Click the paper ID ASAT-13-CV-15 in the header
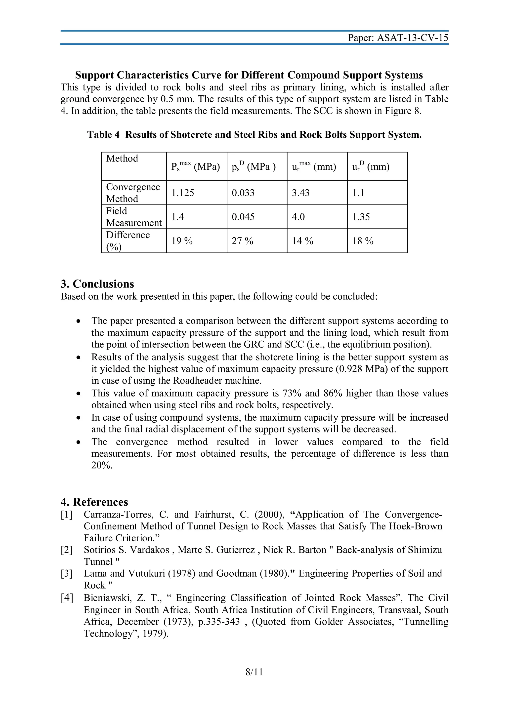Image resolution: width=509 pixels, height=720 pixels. pyautogui.click(x=412, y=38)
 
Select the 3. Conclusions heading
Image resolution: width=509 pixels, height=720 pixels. pyautogui.click(x=97, y=284)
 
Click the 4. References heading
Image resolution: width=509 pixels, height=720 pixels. pyautogui.click(x=94, y=502)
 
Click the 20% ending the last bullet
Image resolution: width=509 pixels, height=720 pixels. pyautogui.click(x=102, y=465)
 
